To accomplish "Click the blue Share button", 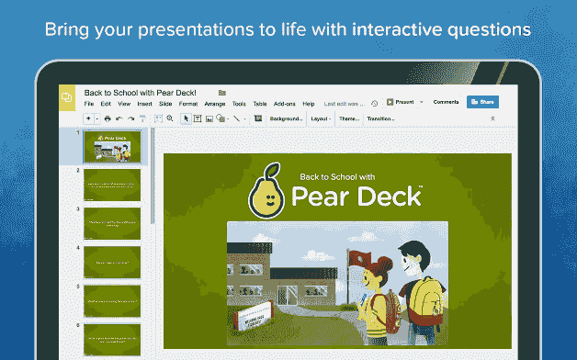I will [x=483, y=102].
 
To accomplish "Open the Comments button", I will [x=446, y=102].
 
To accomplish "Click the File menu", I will [x=89, y=104].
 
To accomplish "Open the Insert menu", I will [x=144, y=104].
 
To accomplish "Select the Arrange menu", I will [x=215, y=104].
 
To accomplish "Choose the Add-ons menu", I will [x=285, y=104].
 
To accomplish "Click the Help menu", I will [x=308, y=104].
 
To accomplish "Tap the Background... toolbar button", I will [x=286, y=118].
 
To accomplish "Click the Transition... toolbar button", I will [x=380, y=118].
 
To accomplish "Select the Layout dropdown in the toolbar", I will [x=321, y=118].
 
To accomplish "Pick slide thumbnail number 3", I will [x=112, y=222].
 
